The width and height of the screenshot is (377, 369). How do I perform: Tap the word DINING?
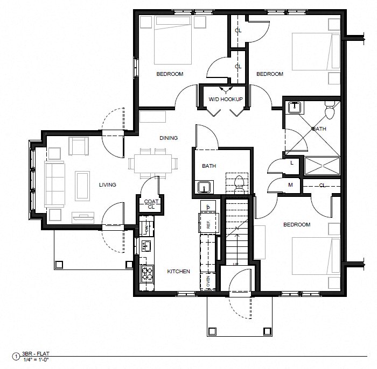168,138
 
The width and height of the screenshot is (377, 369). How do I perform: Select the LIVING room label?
107,184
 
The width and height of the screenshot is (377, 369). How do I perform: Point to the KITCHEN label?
178,272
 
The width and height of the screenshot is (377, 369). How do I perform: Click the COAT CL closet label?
151,204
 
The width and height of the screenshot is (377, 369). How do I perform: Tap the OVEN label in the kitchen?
208,281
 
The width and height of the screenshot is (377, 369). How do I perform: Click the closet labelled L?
291,162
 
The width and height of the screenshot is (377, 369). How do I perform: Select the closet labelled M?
290,185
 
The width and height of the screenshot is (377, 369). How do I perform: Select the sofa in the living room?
54,183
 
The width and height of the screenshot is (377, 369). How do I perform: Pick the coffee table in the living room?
82,186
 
